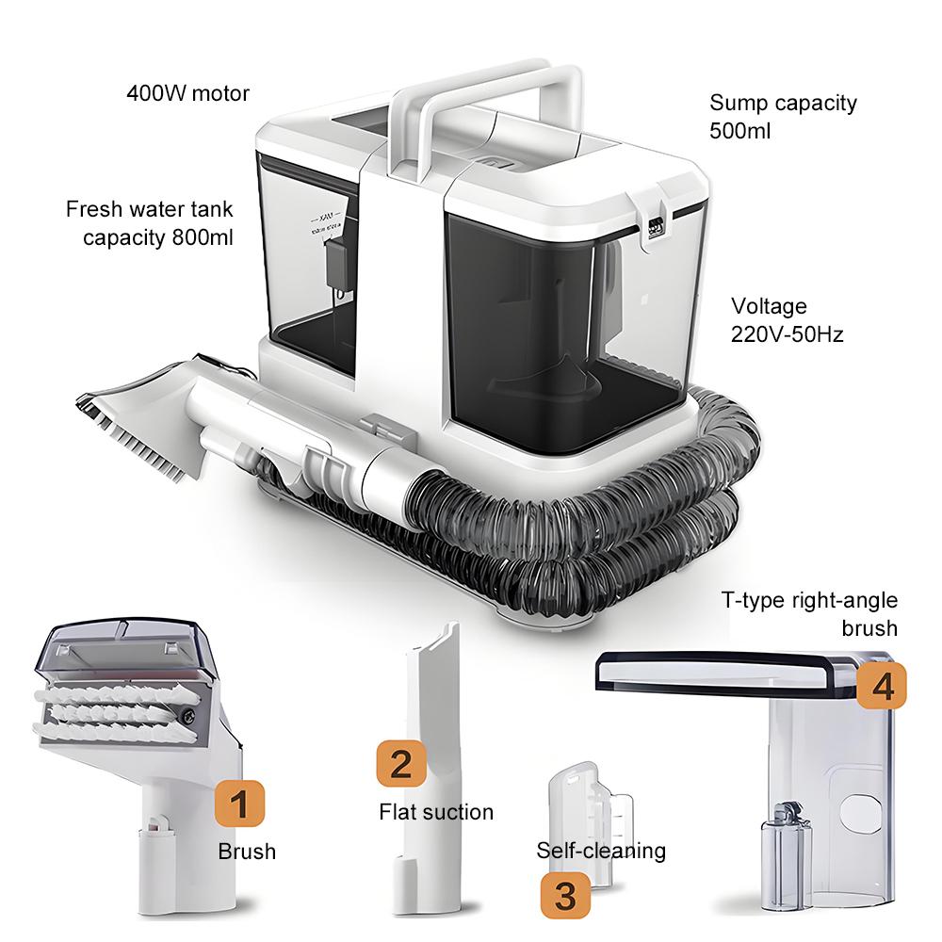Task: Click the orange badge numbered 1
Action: click(x=238, y=804)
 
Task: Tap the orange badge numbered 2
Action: click(x=400, y=763)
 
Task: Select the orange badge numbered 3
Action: click(x=564, y=896)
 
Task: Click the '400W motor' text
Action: click(x=188, y=93)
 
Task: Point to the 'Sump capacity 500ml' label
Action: click(x=783, y=116)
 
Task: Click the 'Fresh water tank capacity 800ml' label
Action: click(x=150, y=222)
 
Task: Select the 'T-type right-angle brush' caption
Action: click(x=809, y=613)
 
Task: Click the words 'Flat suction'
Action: click(x=436, y=811)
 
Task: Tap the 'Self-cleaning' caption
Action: click(x=601, y=851)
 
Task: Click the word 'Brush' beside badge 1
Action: click(x=247, y=852)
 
